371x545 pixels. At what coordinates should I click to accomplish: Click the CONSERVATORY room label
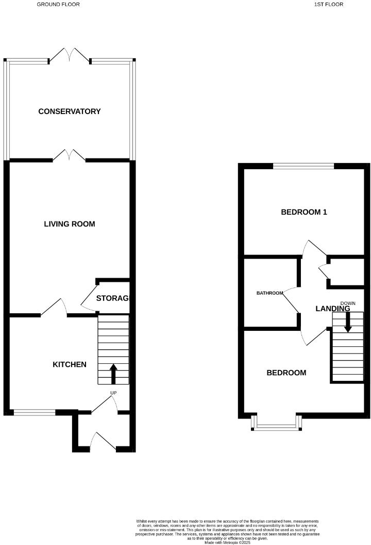pos(70,111)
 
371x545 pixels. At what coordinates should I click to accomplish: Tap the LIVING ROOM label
pos(70,224)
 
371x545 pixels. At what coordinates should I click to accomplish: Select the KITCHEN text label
pos(70,364)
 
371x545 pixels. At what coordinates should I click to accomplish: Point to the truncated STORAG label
pos(112,298)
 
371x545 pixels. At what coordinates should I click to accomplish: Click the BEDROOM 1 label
pos(304,212)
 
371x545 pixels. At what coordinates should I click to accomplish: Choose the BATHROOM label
pos(270,293)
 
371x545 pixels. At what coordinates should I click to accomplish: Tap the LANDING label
pos(333,309)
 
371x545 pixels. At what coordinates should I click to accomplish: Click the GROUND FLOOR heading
pos(58,4)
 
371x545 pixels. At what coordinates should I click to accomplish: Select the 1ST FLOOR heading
pos(329,4)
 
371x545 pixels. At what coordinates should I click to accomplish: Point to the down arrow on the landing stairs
pos(348,322)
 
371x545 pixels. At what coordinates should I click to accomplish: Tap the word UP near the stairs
pos(113,393)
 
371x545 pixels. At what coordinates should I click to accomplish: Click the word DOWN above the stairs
pos(348,303)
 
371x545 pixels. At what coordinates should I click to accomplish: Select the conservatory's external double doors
pos(70,55)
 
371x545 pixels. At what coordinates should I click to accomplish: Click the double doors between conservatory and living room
pos(69,155)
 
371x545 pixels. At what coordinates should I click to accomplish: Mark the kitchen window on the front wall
pos(34,412)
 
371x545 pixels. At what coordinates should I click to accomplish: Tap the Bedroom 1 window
pos(303,166)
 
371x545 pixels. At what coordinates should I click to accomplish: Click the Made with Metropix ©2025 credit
pos(227,542)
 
